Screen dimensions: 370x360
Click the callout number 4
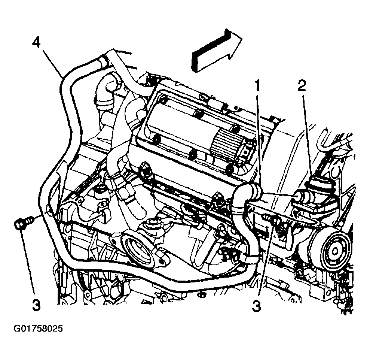click(36, 43)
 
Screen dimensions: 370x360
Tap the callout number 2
click(302, 85)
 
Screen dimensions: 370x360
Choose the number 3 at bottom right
click(257, 306)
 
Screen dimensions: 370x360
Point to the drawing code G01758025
click(38, 329)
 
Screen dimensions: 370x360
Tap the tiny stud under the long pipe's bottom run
click(201, 294)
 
